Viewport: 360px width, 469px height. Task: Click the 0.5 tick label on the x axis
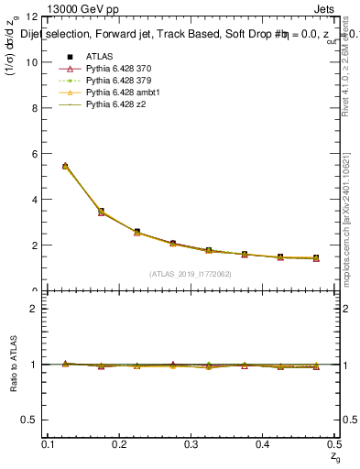[334, 444]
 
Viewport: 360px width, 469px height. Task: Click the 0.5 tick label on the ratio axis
[30, 420]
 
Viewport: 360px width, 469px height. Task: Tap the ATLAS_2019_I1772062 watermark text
[191, 274]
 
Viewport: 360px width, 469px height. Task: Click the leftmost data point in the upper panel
[65, 166]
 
